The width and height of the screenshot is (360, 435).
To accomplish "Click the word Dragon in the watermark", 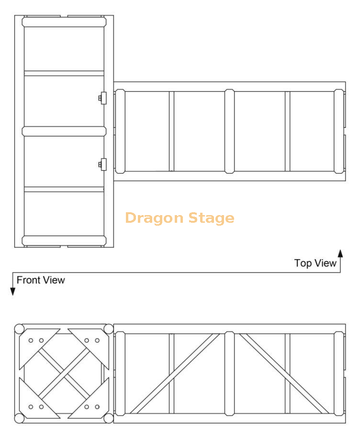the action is tap(154, 218).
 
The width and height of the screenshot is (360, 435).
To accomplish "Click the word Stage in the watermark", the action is tap(212, 218).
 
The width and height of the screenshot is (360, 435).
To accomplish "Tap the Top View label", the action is tap(315, 263).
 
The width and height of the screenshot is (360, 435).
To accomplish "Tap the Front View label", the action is tap(41, 280).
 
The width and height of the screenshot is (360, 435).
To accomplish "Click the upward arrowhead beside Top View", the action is tap(340, 253).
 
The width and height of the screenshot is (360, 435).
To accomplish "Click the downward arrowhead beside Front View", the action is tap(13, 291).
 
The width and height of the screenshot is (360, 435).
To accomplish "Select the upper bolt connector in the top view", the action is tap(102, 98).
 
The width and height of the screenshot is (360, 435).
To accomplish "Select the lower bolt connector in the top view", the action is tap(102, 164).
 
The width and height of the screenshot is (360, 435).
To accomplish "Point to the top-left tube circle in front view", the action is tap(20, 329).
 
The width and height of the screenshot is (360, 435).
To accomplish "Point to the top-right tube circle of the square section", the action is tap(109, 329).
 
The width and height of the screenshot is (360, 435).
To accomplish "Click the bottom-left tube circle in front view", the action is tap(20, 418).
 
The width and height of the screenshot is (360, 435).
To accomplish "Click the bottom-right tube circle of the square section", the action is tap(109, 418).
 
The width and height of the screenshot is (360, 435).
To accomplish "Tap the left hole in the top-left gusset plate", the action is tap(31, 341).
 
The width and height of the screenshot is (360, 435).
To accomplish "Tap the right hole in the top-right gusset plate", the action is tap(97, 341).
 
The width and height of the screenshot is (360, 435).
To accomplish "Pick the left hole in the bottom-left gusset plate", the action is tap(31, 407).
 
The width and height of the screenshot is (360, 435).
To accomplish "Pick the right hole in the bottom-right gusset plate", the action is tap(97, 407).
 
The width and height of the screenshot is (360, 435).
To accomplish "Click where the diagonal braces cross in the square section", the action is tap(64, 374).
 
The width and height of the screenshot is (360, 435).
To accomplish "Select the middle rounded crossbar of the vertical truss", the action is tap(64, 131).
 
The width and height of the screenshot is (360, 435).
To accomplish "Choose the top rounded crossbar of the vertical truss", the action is tap(64, 22).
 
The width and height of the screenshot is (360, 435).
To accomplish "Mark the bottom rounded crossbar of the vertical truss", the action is tap(64, 241).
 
